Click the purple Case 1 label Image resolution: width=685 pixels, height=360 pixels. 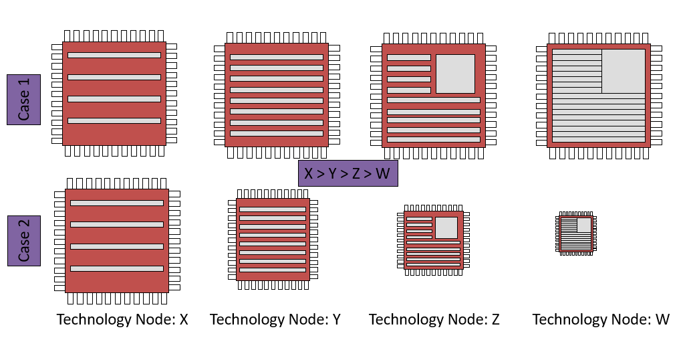click(x=24, y=99)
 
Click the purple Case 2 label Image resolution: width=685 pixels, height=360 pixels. click(x=24, y=240)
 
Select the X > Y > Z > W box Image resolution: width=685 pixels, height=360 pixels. click(x=348, y=174)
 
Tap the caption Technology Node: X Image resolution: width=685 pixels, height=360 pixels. click(x=122, y=319)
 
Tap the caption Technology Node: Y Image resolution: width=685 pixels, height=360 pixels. click(x=275, y=319)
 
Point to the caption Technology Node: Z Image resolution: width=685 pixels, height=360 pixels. click(x=434, y=319)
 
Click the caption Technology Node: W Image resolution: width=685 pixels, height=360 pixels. click(x=601, y=319)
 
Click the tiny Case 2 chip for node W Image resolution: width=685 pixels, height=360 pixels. click(x=575, y=234)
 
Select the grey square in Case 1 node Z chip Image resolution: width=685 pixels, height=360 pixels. click(x=455, y=74)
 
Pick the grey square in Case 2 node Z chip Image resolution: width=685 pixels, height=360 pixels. click(x=446, y=228)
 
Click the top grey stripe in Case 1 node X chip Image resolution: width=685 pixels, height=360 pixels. click(x=114, y=55)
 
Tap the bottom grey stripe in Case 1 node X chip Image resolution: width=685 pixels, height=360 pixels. click(x=114, y=120)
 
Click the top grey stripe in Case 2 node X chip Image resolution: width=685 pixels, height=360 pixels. click(x=117, y=203)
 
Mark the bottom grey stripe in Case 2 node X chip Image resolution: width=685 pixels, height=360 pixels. click(x=117, y=268)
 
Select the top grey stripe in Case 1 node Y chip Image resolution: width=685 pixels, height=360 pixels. click(x=277, y=57)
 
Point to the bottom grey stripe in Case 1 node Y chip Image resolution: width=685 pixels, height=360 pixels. click(x=277, y=133)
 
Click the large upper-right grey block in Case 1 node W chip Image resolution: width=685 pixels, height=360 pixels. click(x=624, y=71)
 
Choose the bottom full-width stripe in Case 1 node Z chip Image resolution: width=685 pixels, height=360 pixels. click(x=434, y=139)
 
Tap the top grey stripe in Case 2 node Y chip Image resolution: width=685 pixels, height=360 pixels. click(x=273, y=209)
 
